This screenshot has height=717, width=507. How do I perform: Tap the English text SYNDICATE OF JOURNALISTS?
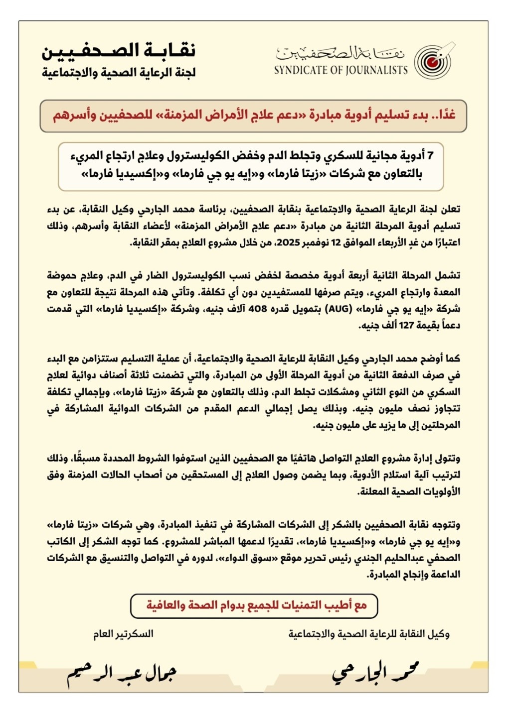pyautogui.click(x=341, y=70)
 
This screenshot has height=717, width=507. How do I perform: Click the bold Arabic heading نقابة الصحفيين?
pyautogui.click(x=119, y=51)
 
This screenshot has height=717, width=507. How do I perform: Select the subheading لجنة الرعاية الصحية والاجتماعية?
pyautogui.click(x=119, y=73)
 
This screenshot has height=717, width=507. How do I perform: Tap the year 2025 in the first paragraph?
pyautogui.click(x=287, y=242)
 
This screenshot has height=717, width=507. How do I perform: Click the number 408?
pyautogui.click(x=257, y=309)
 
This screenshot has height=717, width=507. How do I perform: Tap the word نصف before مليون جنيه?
pyautogui.click(x=417, y=408)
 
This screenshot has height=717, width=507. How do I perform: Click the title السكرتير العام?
pyautogui.click(x=123, y=634)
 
